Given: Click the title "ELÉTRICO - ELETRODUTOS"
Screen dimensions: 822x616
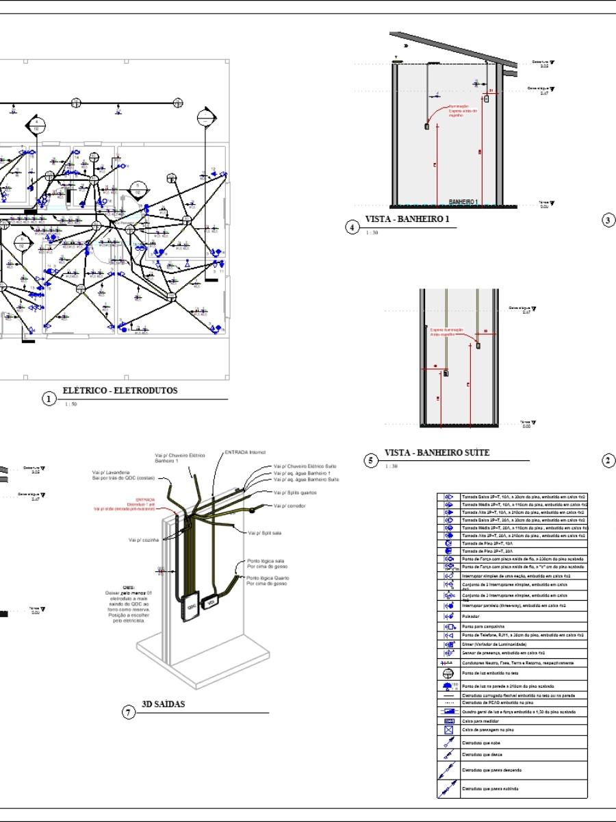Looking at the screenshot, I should click(120, 391).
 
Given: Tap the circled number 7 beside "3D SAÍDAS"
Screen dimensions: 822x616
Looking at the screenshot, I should click(128, 712).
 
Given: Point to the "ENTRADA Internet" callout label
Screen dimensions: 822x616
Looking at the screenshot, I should click(244, 452).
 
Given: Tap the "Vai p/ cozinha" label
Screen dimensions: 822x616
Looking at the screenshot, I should click(143, 540).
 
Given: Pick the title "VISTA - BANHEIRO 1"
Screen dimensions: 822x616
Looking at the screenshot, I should click(407, 219).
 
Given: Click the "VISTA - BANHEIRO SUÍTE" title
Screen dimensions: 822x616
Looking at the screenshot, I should click(437, 453).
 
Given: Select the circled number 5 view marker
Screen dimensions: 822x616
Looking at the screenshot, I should click(370, 460).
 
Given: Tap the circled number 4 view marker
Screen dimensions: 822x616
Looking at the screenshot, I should click(352, 227).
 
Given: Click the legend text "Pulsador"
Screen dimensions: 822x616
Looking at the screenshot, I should click(471, 616).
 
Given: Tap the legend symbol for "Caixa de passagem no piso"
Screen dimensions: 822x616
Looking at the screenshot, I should click(450, 730).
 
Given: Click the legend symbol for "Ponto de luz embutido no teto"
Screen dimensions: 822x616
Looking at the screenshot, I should click(450, 674).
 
